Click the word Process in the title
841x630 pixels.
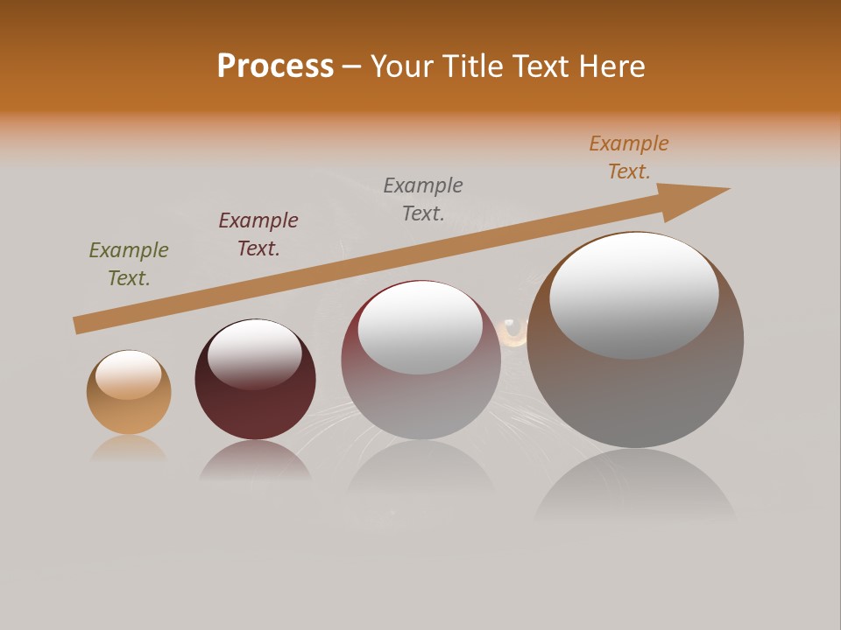click(275, 66)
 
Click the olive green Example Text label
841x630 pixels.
click(129, 264)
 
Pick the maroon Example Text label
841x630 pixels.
click(258, 234)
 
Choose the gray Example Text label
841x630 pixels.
click(423, 199)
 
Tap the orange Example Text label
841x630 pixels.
click(629, 157)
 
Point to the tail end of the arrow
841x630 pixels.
click(81, 325)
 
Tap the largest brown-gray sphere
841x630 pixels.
click(635, 394)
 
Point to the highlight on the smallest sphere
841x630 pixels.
click(129, 374)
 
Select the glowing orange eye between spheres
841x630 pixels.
click(512, 332)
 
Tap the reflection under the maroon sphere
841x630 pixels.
click(255, 461)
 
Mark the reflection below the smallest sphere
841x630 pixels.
click(129, 449)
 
